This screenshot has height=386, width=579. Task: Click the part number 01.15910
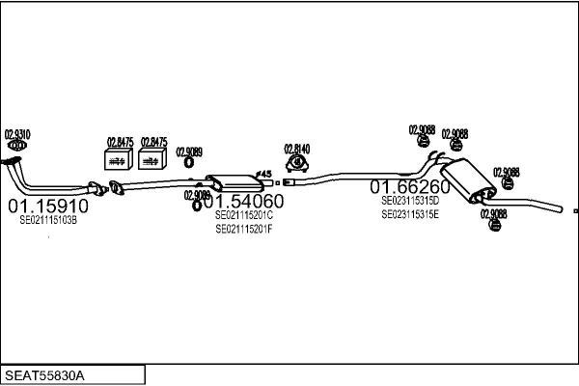pyautogui.click(x=48, y=206)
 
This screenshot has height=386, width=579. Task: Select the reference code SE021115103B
pyautogui.click(x=48, y=220)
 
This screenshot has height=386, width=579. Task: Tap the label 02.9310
pyautogui.click(x=17, y=133)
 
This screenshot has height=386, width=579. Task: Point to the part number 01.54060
pyautogui.click(x=243, y=201)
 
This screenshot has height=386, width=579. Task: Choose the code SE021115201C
pyautogui.click(x=244, y=215)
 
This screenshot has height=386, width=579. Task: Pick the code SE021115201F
pyautogui.click(x=244, y=229)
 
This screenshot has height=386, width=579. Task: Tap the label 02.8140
pyautogui.click(x=296, y=149)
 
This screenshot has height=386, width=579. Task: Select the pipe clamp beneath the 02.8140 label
pyautogui.click(x=296, y=172)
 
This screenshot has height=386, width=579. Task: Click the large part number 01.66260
pyautogui.click(x=410, y=186)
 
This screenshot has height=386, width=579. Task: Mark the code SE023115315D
pyautogui.click(x=410, y=200)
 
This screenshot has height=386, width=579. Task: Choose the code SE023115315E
pyautogui.click(x=410, y=214)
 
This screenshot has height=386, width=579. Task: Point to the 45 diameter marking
pyautogui.click(x=266, y=174)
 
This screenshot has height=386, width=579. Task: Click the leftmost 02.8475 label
pyautogui.click(x=118, y=141)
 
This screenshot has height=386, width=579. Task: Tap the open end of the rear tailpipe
pyautogui.click(x=559, y=207)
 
